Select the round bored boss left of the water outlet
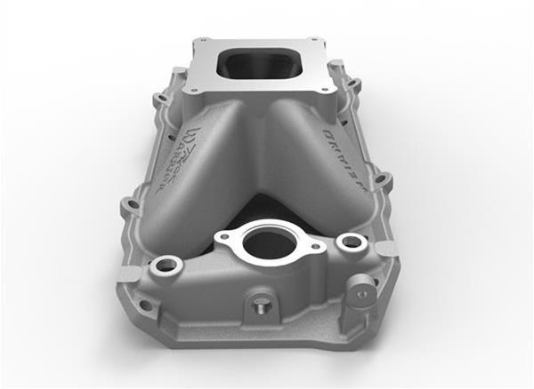pyautogui.click(x=166, y=265)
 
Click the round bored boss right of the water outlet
pyautogui.click(x=352, y=242)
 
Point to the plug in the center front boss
pyautogui.click(x=257, y=306)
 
